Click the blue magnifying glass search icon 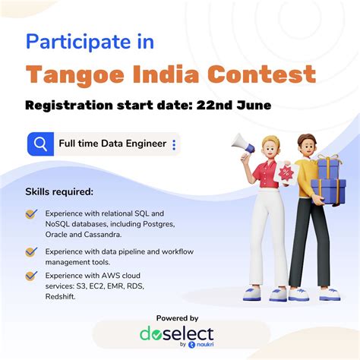[x=39, y=144]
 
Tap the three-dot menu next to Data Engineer [x=174, y=144]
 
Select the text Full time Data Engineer [x=112, y=144]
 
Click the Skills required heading [x=60, y=191]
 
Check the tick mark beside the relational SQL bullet [x=31, y=214]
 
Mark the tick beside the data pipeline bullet [x=31, y=251]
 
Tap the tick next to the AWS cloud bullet [x=31, y=276]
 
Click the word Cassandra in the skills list [x=107, y=235]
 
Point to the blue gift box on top [x=328, y=165]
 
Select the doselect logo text [x=176, y=333]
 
